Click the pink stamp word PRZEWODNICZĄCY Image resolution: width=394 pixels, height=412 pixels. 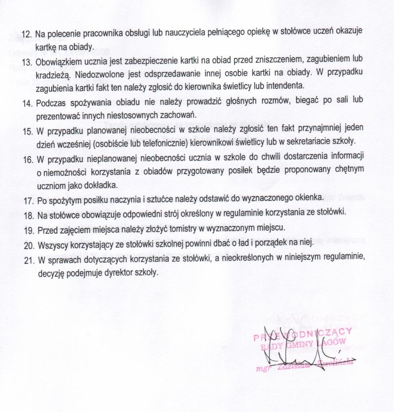(x=301, y=335)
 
